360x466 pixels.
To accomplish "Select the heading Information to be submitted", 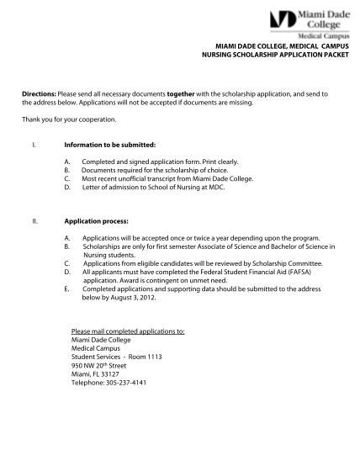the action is pos(109,146).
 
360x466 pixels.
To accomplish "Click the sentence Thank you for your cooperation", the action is pos(69,119).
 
